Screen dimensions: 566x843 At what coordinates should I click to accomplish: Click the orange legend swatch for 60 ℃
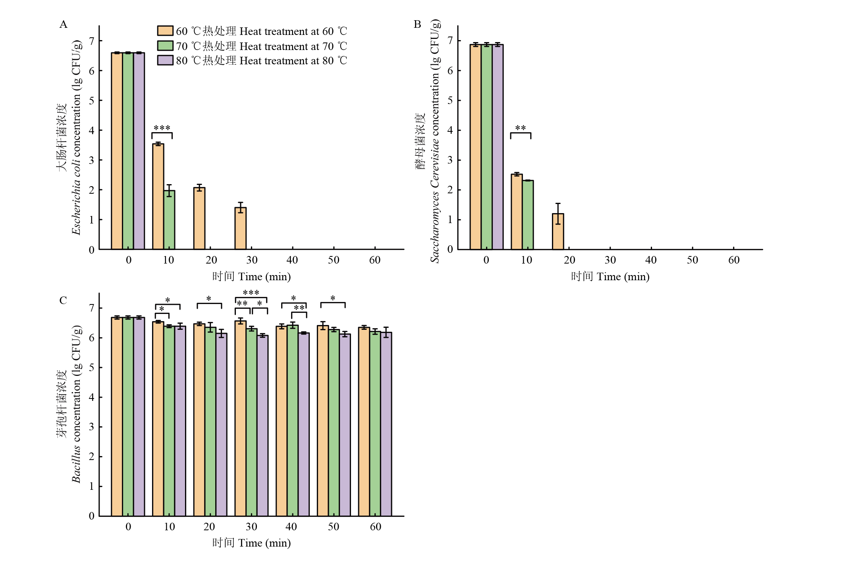[165, 31]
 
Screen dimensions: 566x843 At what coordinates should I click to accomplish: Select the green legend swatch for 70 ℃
[165, 46]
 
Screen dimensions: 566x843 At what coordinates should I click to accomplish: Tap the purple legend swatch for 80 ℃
[165, 60]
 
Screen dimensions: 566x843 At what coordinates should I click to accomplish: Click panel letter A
[63, 25]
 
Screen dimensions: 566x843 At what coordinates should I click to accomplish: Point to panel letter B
[417, 25]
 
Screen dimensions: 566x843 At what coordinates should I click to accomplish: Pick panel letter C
[63, 300]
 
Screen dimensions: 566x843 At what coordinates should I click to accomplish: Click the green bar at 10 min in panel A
[169, 220]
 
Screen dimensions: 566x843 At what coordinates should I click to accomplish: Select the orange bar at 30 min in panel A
[240, 229]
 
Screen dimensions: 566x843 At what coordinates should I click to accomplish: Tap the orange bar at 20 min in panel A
[199, 219]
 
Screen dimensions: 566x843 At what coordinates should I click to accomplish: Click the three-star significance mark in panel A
[162, 128]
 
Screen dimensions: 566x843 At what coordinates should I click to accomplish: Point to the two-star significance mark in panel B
[520, 128]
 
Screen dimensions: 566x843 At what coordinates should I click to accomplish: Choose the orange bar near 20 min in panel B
[558, 232]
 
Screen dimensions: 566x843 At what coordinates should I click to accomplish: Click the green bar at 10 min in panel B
[528, 215]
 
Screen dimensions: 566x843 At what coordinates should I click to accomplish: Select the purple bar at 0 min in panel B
[498, 147]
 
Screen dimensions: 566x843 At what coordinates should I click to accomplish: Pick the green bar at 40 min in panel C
[293, 421]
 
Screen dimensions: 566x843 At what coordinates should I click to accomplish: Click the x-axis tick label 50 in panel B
[692, 260]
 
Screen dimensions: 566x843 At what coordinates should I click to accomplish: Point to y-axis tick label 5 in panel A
[92, 100]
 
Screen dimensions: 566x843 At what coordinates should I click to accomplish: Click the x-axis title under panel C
[251, 543]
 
